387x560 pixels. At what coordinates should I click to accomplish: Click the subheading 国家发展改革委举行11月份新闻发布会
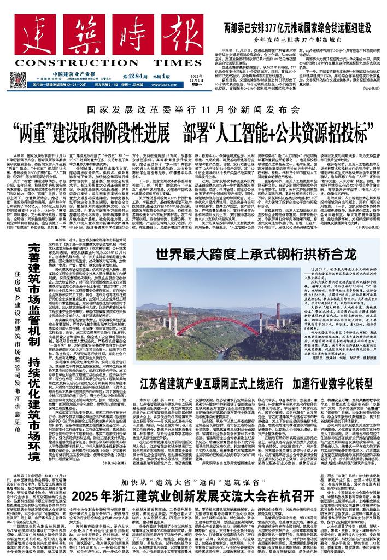[x=192, y=110]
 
